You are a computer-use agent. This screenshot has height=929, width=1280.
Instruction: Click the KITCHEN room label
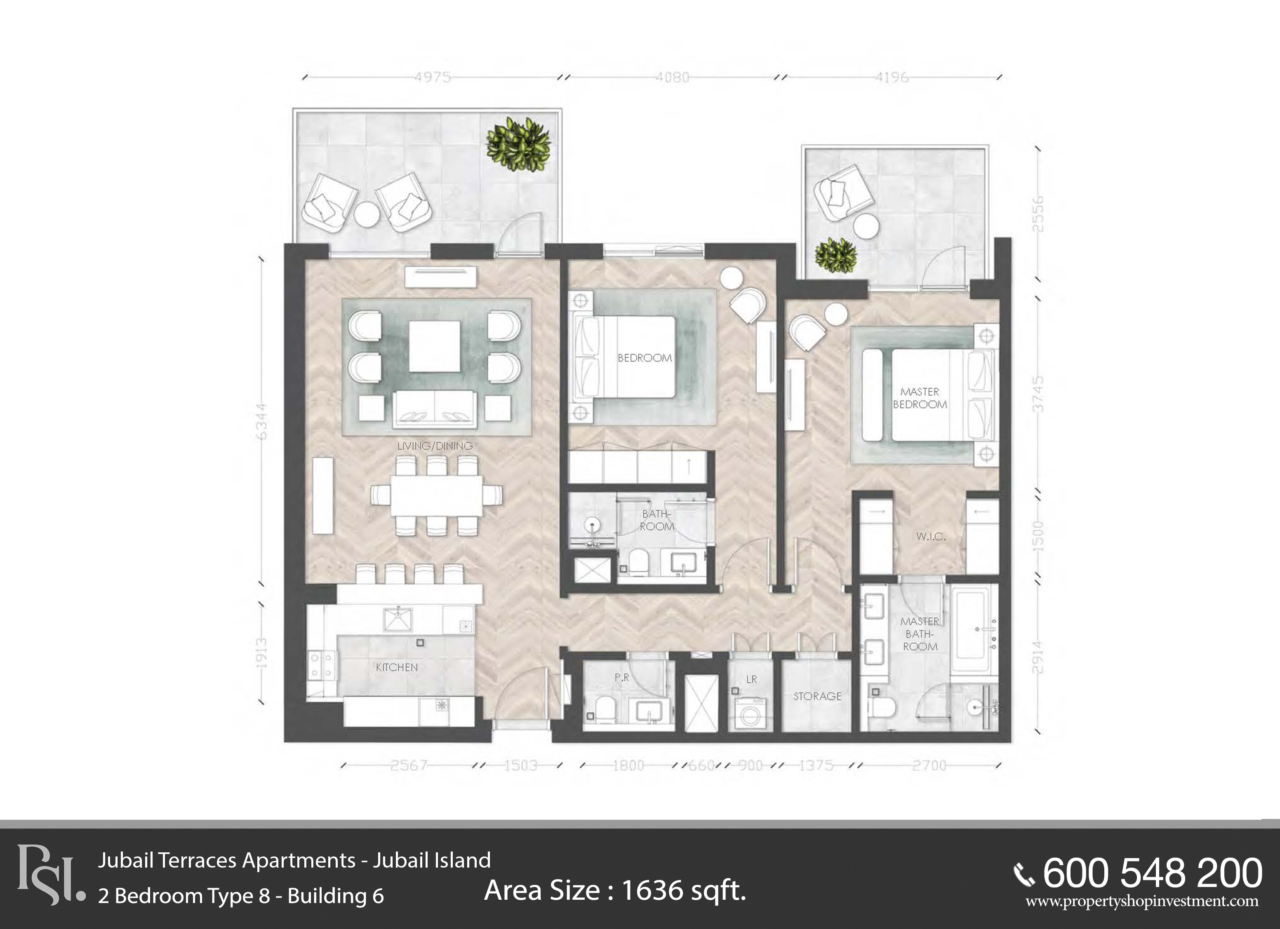(397, 667)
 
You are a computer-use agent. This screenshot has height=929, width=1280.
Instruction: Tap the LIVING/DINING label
(435, 446)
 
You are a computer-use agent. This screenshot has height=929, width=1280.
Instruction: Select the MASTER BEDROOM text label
(920, 398)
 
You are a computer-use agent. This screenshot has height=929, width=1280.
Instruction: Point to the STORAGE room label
(817, 696)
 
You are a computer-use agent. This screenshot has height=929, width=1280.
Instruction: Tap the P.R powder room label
(622, 678)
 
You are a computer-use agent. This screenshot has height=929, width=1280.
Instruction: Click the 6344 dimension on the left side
(261, 421)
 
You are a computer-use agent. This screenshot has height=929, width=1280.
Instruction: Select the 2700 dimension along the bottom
(929, 765)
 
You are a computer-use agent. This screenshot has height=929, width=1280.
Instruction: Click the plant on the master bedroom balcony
(836, 256)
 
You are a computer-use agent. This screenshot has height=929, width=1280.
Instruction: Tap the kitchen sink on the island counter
(398, 619)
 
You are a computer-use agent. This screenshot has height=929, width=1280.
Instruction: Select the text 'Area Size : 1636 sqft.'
(615, 891)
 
